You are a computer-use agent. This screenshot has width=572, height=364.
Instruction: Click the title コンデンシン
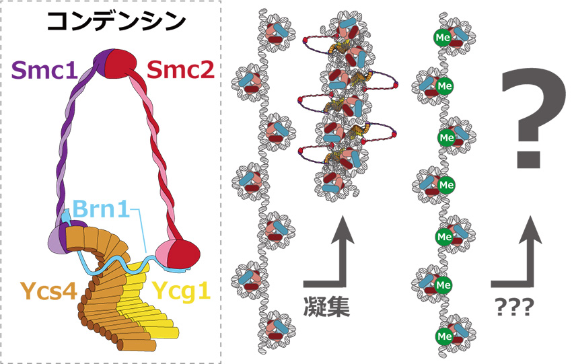click(114, 22)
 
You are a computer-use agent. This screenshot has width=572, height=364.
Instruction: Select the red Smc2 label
click(180, 70)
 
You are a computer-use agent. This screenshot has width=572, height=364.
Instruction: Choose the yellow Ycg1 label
click(179, 291)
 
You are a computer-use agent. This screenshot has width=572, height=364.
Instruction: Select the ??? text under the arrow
click(513, 308)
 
